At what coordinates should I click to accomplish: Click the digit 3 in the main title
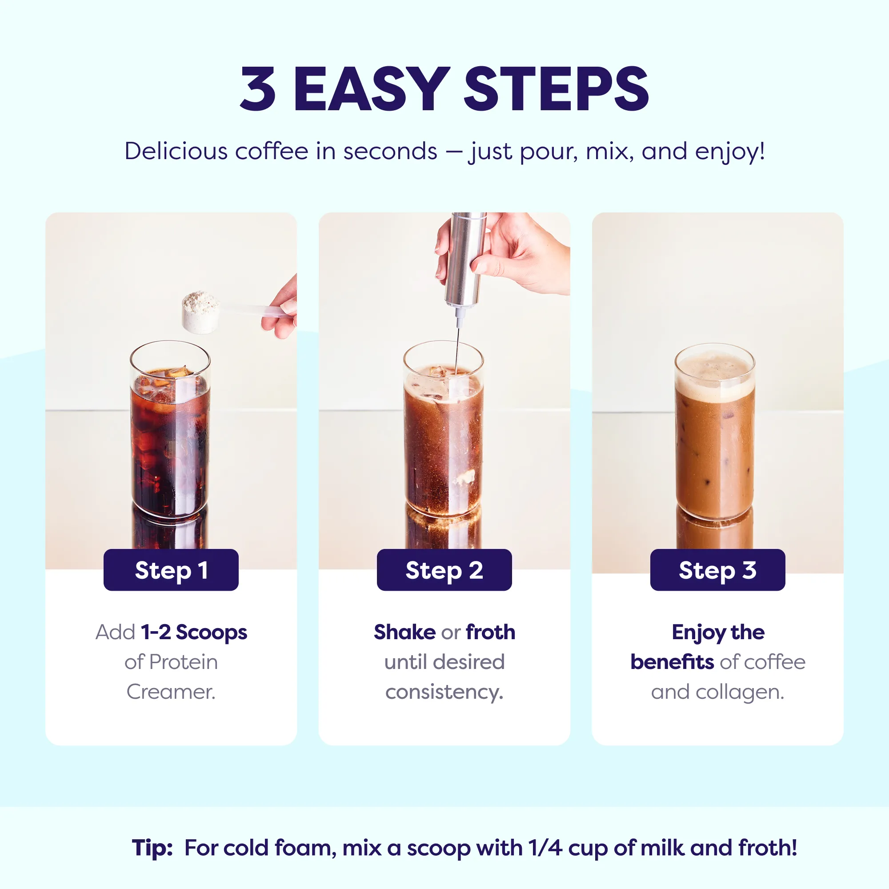[258, 89]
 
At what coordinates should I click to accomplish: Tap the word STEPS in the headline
[557, 89]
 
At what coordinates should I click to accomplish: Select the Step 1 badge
[171, 570]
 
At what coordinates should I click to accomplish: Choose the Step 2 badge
[444, 570]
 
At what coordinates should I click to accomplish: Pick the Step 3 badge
[718, 570]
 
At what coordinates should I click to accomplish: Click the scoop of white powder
[201, 312]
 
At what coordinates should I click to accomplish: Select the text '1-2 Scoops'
[194, 632]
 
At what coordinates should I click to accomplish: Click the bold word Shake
[404, 632]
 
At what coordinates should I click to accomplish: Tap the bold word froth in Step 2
[491, 632]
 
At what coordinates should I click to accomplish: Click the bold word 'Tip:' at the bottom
[152, 848]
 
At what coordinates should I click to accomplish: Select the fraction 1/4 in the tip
[545, 848]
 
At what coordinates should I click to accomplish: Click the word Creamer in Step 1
[171, 692]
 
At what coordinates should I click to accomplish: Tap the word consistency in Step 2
[444, 693]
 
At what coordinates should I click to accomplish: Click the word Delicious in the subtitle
[176, 151]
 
